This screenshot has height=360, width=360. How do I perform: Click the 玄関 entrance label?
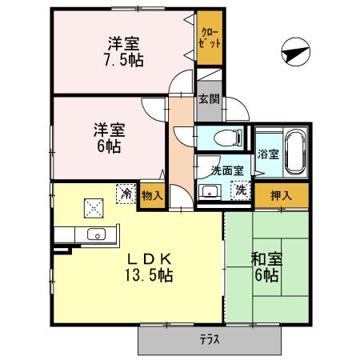tap(209, 99)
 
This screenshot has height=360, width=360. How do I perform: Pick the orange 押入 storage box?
tap(281, 195)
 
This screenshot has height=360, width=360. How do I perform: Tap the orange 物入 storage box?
tap(151, 195)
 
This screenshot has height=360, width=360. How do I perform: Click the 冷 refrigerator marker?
tap(126, 192)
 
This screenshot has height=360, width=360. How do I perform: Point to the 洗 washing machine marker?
tap(240, 190)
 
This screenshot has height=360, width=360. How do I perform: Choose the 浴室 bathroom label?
tap(267, 154)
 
